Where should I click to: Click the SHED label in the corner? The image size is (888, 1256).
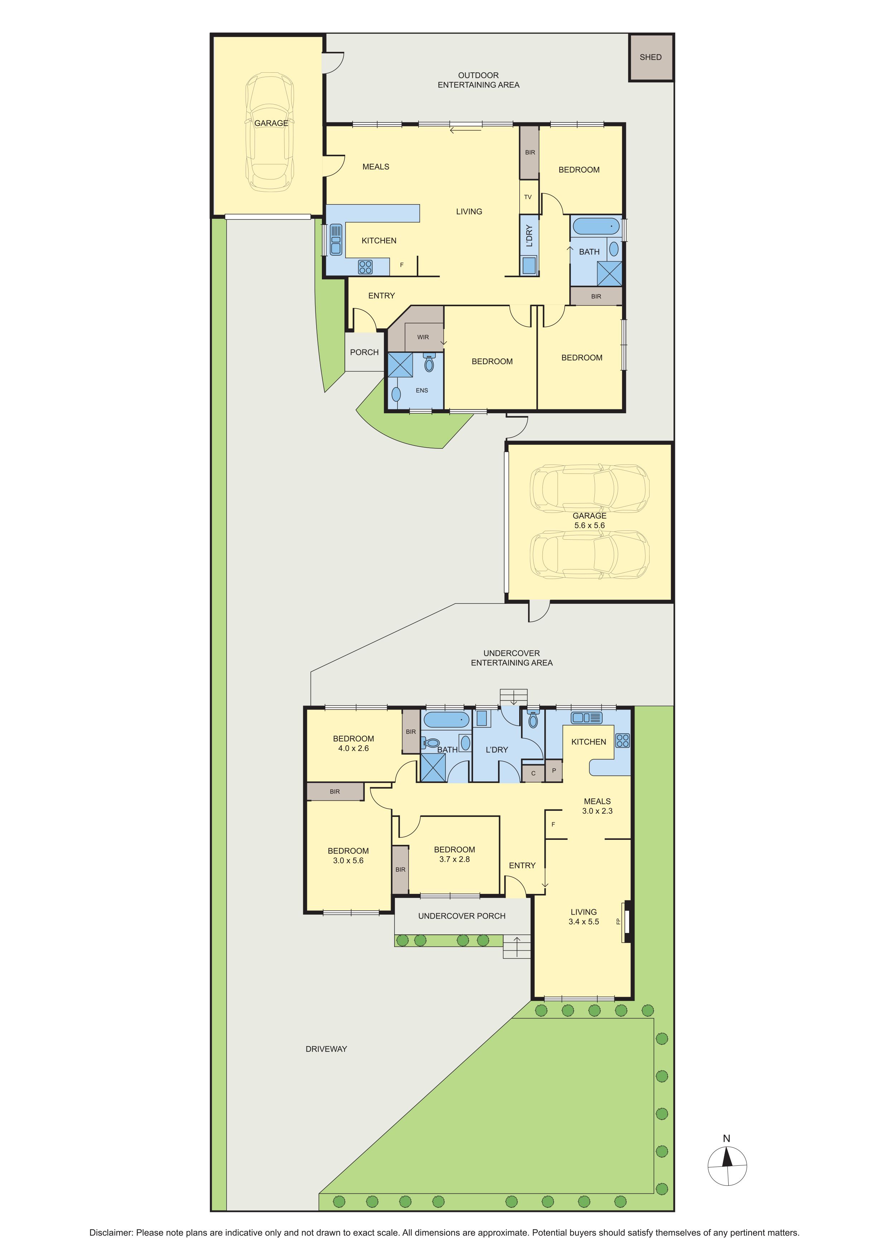650,57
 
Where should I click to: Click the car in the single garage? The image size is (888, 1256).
270,133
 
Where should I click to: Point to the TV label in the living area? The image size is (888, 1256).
528,197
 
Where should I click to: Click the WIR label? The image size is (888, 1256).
423,337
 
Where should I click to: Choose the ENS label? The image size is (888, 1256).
421,390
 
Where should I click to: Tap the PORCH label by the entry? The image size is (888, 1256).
364,352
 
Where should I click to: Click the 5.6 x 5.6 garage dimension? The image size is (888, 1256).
589,525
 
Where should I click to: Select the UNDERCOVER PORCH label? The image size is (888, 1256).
462,916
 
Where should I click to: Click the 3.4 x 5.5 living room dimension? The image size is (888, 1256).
583,922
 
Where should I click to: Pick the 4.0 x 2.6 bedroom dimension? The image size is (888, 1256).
353,749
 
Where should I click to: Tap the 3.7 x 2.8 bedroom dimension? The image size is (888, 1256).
454,859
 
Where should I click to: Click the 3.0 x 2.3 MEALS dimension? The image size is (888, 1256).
597,811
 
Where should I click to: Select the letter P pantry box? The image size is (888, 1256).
554,771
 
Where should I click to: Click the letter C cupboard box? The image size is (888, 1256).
533,773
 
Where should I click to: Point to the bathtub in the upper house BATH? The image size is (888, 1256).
595,226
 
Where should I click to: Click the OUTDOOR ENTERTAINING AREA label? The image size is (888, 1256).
478,80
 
